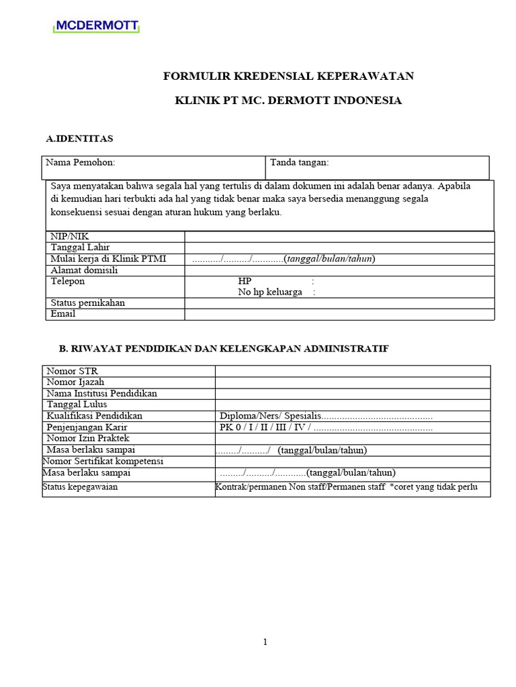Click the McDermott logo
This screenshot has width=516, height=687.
tap(97, 26)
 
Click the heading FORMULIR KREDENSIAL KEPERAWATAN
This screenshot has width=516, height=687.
tap(288, 76)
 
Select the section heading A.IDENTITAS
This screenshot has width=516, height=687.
tap(79, 139)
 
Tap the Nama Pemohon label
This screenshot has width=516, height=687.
tap(80, 162)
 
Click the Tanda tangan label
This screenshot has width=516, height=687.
tap(299, 162)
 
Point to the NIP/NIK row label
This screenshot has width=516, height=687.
tap(70, 236)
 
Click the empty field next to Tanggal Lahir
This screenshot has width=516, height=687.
tap(339, 248)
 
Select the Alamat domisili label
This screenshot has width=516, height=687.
tap(84, 270)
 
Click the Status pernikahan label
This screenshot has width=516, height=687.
tap(88, 303)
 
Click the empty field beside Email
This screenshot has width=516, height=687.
tap(339, 314)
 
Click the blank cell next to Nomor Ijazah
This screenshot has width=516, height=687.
tap(352, 382)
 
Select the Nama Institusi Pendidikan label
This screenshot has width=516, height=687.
tap(101, 393)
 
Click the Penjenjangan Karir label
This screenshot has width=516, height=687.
tap(87, 427)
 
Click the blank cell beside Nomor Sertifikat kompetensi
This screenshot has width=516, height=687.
tap(352, 462)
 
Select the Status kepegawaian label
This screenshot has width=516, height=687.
tap(80, 487)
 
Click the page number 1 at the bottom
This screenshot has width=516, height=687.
tap(265, 642)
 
